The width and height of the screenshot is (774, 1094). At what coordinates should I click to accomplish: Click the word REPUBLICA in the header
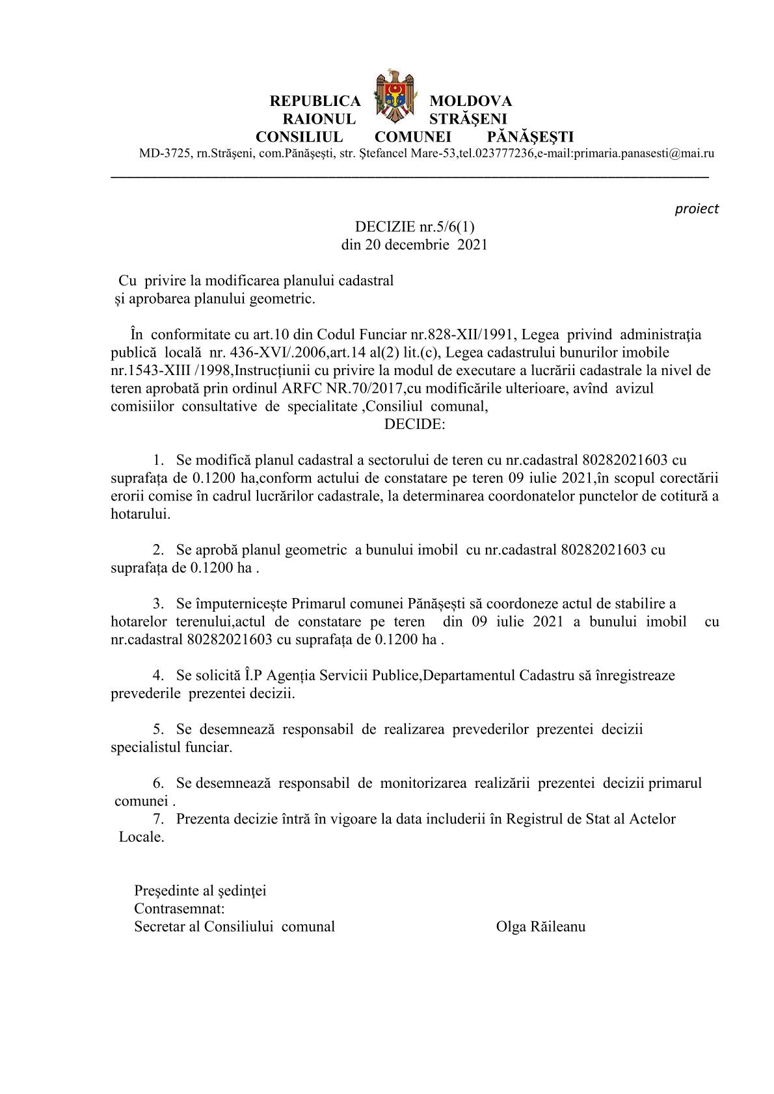point(315,101)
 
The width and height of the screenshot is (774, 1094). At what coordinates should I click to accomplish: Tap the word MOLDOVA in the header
point(470,101)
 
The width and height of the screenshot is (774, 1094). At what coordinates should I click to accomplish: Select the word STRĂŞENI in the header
point(468,119)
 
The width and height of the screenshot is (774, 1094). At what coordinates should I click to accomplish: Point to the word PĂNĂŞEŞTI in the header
point(530,137)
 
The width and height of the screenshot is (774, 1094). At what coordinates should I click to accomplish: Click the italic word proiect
point(697,209)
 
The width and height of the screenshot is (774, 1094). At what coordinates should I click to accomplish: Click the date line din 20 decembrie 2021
point(414,245)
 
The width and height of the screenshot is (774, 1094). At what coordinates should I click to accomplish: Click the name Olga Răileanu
point(540,927)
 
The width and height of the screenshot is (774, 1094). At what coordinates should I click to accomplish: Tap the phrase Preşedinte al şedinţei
point(200,891)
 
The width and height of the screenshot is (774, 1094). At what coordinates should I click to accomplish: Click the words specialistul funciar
point(171,748)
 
